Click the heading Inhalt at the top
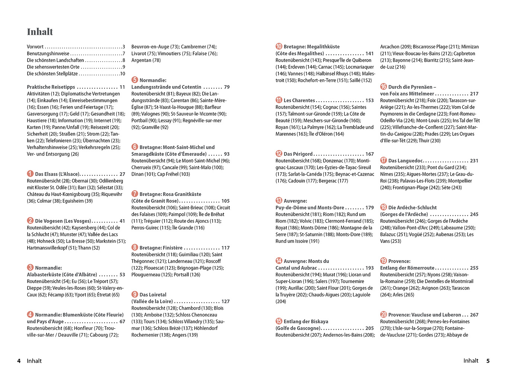(x=40, y=32)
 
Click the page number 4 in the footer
(x=19, y=361)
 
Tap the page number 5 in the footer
(x=488, y=361)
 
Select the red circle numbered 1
(x=30, y=174)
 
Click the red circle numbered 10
(x=279, y=46)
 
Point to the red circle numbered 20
(x=383, y=314)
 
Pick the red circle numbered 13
(x=279, y=201)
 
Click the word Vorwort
(x=35, y=47)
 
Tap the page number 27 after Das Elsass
(x=122, y=174)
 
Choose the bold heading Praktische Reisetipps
(x=51, y=87)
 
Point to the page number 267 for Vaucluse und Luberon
(x=474, y=315)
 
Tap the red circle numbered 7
(x=135, y=194)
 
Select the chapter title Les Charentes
(x=299, y=100)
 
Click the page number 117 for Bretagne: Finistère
(x=225, y=248)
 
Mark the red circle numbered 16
(x=383, y=87)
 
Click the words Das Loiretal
(x=153, y=295)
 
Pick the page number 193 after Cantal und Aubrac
(x=369, y=268)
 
